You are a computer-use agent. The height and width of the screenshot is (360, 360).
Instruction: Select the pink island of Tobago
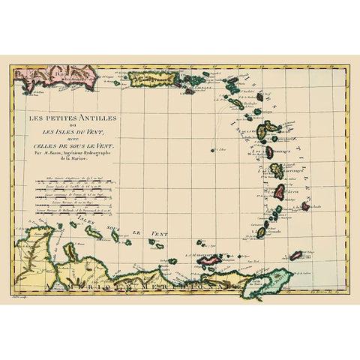tap(296, 256)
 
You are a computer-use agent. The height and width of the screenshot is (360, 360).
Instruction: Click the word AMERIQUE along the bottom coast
tap(90, 284)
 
